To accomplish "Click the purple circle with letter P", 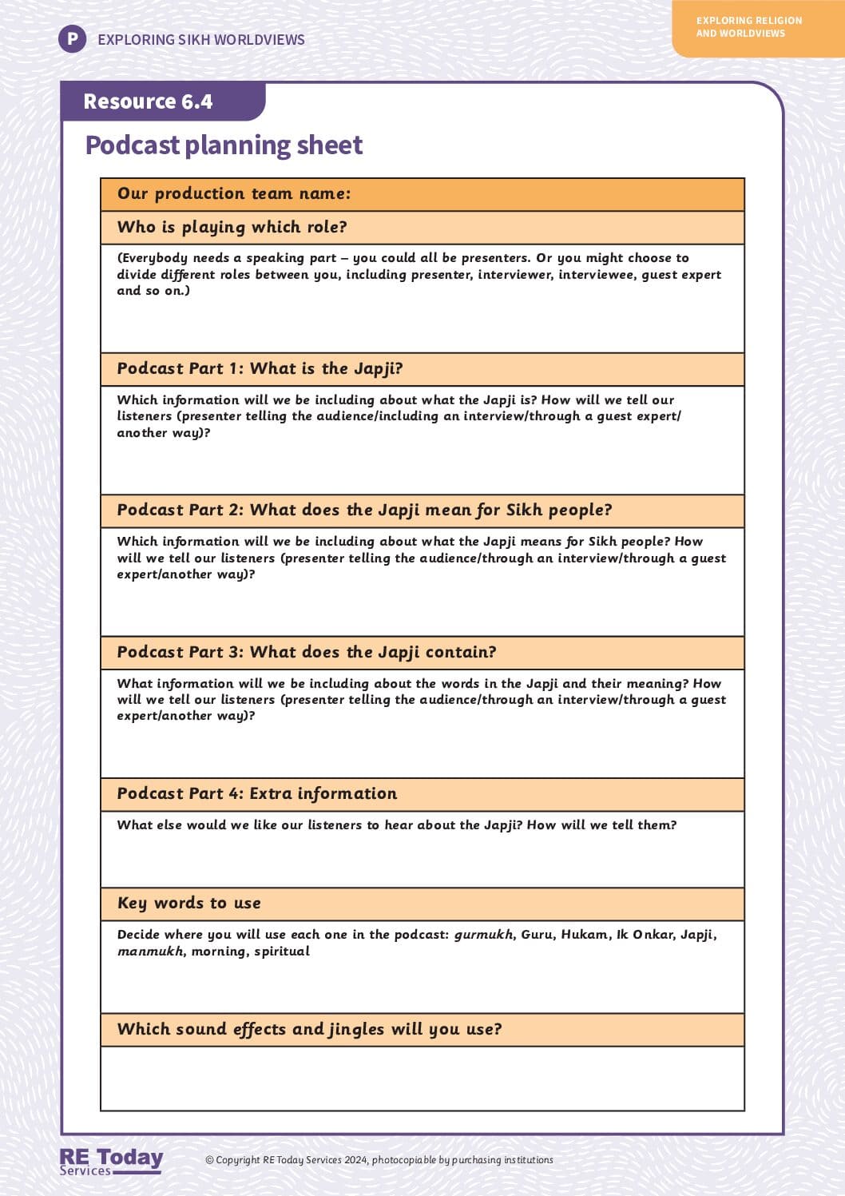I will [72, 38].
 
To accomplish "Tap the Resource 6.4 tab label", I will [148, 101].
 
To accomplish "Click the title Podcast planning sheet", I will [224, 145].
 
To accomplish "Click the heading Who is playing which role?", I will [232, 227].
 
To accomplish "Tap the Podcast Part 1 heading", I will [260, 368].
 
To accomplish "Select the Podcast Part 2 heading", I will [364, 510].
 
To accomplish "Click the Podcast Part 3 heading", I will [307, 652].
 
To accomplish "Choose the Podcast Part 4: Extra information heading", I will [256, 793].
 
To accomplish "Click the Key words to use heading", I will [188, 903].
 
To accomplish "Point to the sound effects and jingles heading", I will [309, 1029].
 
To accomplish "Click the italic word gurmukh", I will [483, 935].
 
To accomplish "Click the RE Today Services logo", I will [111, 1161].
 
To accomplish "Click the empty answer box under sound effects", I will [422, 1078].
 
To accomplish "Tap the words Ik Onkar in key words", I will [645, 935].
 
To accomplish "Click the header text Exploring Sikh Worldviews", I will [201, 39].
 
